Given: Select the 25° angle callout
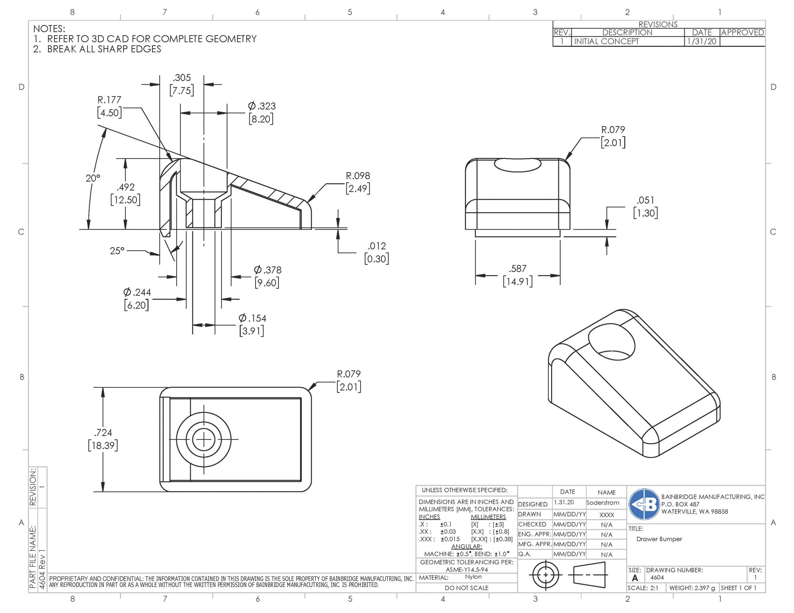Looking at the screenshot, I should click(117, 251).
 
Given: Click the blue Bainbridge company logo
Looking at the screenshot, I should click(644, 504).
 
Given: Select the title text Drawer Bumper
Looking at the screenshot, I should click(659, 539).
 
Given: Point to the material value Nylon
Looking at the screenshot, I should click(473, 577).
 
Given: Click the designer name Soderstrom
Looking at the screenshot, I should click(602, 503).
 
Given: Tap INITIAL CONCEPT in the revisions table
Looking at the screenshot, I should click(606, 42).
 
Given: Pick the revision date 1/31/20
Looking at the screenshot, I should click(701, 42).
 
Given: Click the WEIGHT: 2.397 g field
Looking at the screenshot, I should click(692, 588).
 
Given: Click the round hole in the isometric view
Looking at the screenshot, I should click(612, 343).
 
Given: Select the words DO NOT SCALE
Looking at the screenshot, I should click(466, 588).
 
